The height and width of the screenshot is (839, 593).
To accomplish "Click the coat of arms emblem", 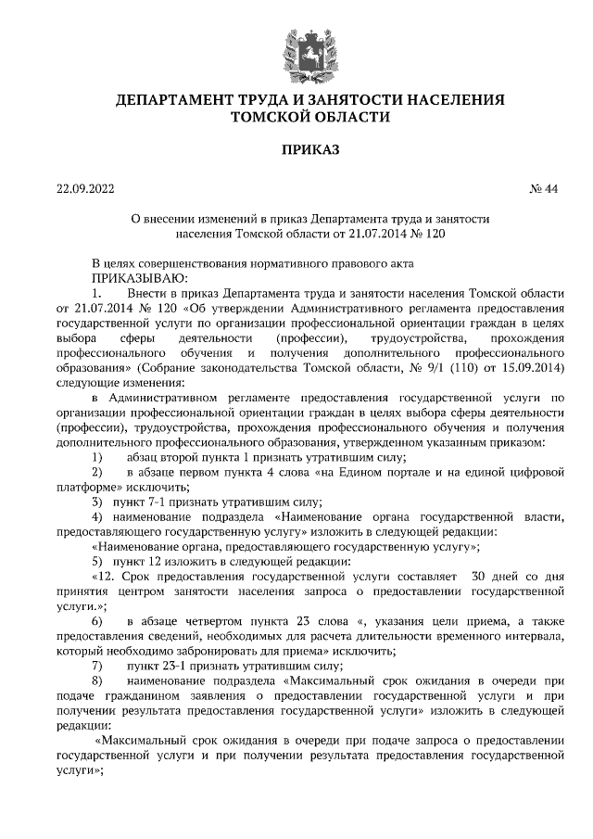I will click(x=296, y=48).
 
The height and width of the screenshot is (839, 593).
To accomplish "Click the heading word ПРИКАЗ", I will click(x=296, y=149).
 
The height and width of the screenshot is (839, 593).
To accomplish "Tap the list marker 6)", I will click(x=97, y=618).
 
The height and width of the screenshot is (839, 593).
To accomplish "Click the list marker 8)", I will click(x=97, y=681).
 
